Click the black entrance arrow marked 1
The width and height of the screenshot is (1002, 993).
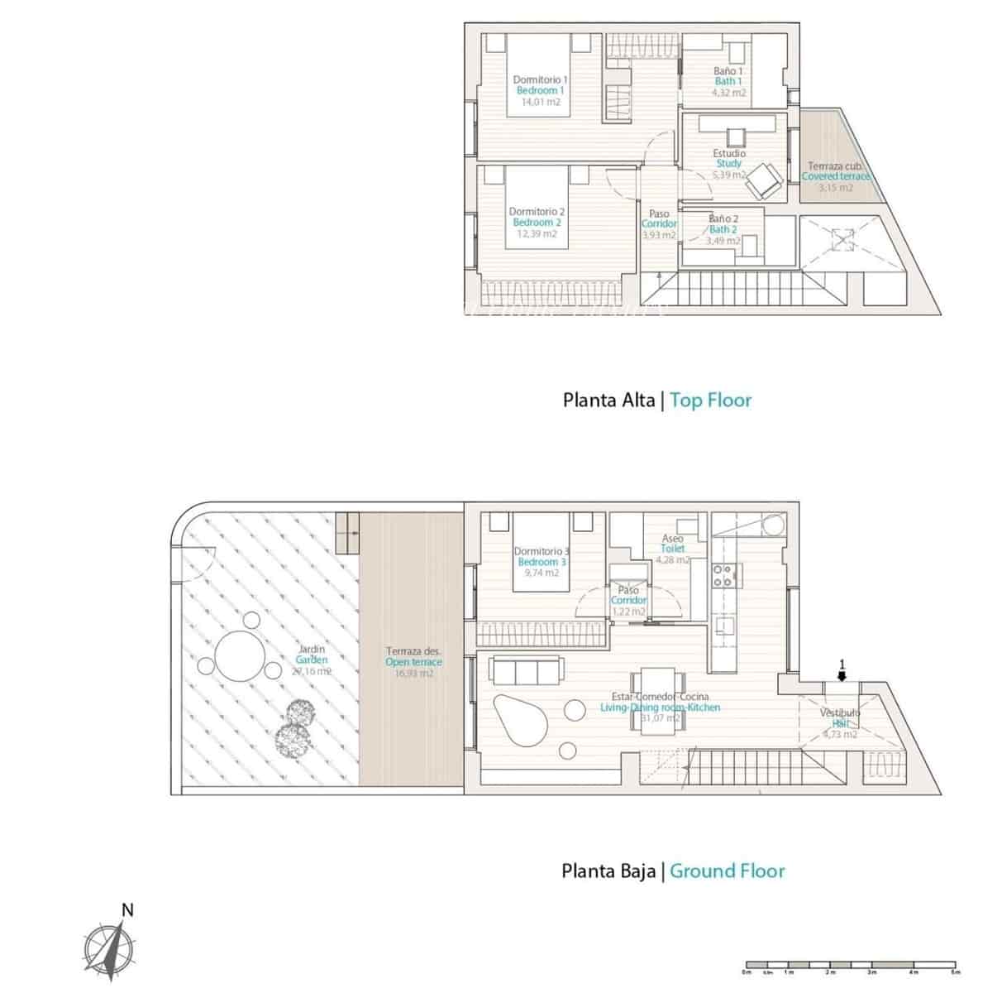[842, 675]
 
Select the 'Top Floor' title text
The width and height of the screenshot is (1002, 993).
[710, 401]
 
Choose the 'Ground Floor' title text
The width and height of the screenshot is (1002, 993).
[727, 871]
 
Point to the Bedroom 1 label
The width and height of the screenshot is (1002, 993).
[540, 90]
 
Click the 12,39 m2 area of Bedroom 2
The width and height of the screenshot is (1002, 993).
[537, 234]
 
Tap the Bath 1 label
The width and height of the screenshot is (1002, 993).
[728, 81]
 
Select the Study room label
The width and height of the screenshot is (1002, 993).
[729, 164]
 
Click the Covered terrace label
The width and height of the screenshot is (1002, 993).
[835, 176]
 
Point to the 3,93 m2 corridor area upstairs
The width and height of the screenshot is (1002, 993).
[659, 235]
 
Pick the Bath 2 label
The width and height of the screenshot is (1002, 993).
[723, 229]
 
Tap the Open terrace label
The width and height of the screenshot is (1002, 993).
[413, 662]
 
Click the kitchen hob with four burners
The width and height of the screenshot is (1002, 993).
[723, 575]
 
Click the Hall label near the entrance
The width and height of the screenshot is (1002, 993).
[840, 723]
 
